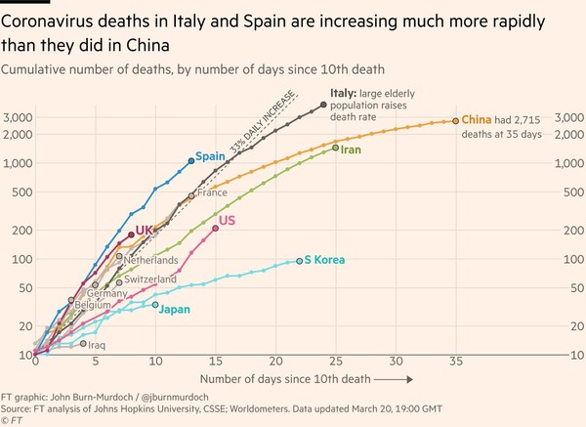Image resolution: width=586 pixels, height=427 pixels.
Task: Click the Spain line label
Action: coord(211,156)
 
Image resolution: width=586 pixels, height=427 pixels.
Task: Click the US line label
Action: coord(227,221)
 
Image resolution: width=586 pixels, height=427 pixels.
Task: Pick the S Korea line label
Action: coord(326,260)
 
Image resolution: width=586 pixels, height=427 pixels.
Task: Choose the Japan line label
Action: coord(174,310)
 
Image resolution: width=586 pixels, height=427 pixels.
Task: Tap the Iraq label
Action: coord(96,345)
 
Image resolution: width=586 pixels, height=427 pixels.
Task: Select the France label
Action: coord(212,193)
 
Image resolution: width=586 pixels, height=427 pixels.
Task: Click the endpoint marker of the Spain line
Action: coord(190,160)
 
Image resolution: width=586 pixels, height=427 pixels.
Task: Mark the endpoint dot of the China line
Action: coord(455,120)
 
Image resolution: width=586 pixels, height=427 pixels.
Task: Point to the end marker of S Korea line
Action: coord(299,261)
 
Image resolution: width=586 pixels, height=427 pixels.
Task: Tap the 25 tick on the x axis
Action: coord(335,362)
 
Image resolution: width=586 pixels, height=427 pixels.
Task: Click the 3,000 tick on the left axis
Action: coord(19,117)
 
